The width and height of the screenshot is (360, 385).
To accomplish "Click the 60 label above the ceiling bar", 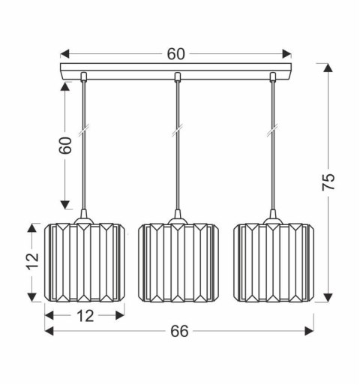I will (x=175, y=53).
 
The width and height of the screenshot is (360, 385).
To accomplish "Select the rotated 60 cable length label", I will (x=67, y=145).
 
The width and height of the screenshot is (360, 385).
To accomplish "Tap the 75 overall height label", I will (x=328, y=182).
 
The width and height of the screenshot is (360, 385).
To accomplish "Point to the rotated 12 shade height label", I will (x=31, y=260).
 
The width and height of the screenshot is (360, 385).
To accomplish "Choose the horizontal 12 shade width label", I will (x=85, y=315).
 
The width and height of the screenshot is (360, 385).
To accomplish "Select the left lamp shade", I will (x=82, y=262).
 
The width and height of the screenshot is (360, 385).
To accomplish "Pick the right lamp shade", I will (x=272, y=262).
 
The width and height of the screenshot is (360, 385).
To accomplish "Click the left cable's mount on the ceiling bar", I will (x=82, y=76).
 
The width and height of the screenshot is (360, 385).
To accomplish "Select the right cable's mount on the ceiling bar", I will (x=272, y=76).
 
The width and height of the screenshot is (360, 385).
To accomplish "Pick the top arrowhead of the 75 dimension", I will (x=328, y=68).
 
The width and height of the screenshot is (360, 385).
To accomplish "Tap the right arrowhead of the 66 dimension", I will (x=308, y=331).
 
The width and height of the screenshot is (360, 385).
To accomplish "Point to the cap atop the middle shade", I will (x=177, y=220).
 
